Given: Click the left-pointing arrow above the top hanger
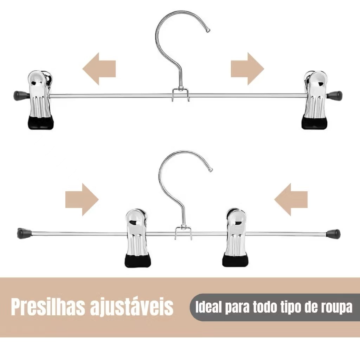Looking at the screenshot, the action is [x=99, y=69].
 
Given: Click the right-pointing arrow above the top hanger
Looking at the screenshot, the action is [x=247, y=69].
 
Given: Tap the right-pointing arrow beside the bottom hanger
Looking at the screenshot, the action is [x=82, y=200].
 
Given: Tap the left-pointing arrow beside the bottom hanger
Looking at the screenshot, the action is [x=291, y=200].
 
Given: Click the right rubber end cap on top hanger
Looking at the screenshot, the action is [x=335, y=95].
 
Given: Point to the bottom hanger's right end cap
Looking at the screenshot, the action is [x=333, y=233].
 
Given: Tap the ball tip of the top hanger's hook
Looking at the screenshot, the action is [x=208, y=30].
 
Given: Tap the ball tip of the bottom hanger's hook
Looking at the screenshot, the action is [x=211, y=170].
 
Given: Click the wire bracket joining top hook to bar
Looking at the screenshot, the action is [x=181, y=94].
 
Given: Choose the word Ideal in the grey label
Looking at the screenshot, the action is [x=209, y=307].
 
